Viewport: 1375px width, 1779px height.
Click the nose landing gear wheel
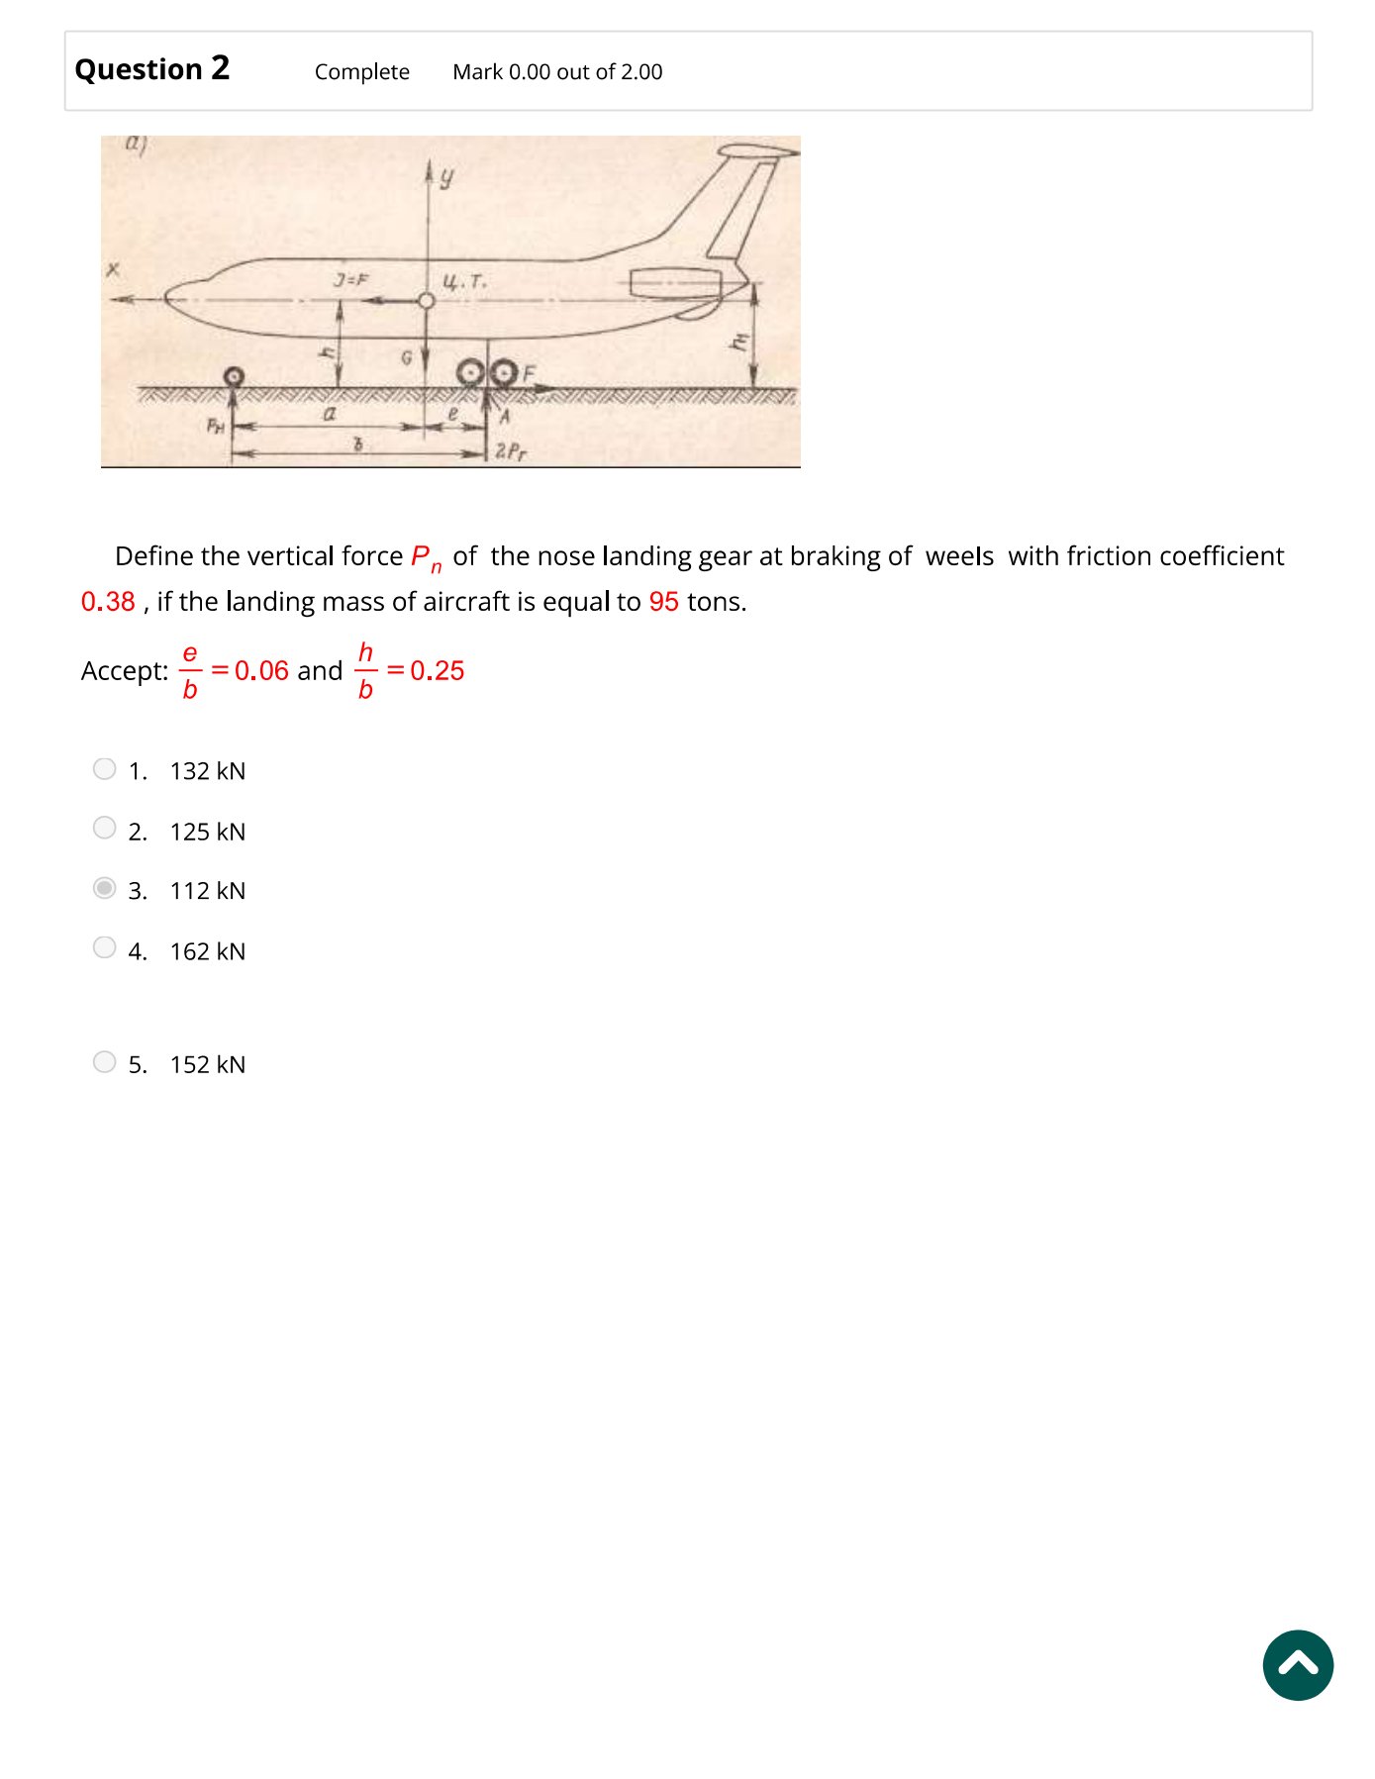click(234, 376)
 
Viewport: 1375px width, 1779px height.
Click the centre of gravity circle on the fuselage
click(427, 300)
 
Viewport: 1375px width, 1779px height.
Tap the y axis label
click(446, 177)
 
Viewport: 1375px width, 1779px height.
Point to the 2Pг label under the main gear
click(511, 451)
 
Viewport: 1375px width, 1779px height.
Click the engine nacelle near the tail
click(677, 284)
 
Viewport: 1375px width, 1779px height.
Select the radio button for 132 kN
click(104, 769)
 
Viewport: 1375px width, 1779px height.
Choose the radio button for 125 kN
click(104, 829)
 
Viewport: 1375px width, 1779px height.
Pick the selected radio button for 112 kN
click(104, 888)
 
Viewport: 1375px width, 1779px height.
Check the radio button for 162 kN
click(104, 948)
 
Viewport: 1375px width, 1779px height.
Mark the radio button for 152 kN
click(104, 1062)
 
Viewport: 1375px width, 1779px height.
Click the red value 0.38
click(108, 602)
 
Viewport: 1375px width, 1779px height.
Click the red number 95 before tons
click(663, 602)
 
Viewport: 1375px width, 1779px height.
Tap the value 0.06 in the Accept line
click(261, 671)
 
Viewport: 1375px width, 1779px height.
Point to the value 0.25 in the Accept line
click(437, 671)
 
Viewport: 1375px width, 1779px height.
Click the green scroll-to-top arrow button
click(1297, 1665)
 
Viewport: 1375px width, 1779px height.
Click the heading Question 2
click(152, 69)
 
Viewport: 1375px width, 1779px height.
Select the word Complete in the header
click(361, 72)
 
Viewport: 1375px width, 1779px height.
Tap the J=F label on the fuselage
click(349, 280)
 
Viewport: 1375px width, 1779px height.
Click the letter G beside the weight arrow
click(406, 356)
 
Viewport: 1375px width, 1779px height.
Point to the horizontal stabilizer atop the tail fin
click(757, 151)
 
